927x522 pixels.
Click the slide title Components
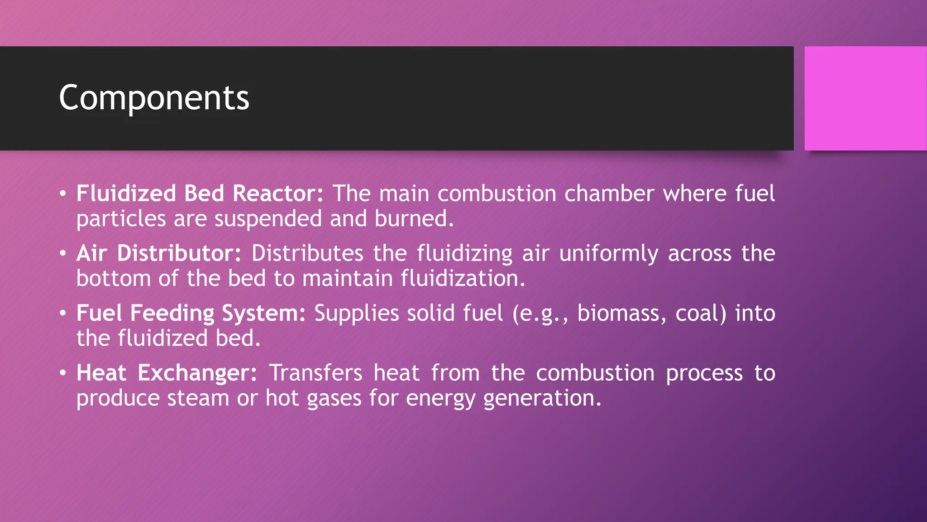pos(154,98)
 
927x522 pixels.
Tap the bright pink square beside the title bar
pos(865,98)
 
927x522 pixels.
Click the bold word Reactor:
pos(278,194)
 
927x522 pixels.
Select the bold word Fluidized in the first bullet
pos(126,194)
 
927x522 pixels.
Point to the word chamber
pos(609,194)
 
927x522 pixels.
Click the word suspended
pos(268,219)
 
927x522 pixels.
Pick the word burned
pos(414,219)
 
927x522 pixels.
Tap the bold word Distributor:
pos(179,253)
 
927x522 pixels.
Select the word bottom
pos(113,279)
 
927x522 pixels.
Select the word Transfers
pos(315,373)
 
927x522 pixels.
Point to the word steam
pos(198,398)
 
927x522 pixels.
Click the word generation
pos(542,398)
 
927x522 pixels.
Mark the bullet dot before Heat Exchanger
pos(63,373)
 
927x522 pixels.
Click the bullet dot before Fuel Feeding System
pos(63,314)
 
